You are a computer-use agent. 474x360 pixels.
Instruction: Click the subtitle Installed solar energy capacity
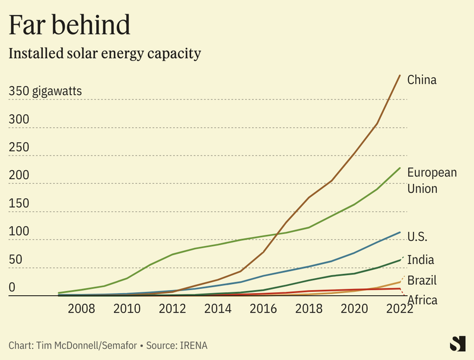105,53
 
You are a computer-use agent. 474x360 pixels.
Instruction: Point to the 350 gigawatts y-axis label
45,91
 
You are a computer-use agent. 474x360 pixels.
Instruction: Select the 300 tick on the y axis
18,119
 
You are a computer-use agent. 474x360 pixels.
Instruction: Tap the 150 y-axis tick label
18,203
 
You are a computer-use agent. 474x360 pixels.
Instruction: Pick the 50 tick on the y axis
15,259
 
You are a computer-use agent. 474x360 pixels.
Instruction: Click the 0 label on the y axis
12,287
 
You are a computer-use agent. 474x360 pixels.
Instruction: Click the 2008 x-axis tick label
81,309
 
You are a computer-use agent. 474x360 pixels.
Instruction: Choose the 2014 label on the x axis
218,309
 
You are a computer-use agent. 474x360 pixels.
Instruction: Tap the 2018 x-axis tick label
308,309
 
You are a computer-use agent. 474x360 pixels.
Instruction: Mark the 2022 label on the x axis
399,309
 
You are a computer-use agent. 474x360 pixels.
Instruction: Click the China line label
422,80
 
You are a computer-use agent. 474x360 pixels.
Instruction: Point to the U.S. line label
418,237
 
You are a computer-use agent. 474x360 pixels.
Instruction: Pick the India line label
421,260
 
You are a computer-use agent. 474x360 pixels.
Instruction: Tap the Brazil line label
422,281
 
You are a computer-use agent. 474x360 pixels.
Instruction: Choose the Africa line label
422,300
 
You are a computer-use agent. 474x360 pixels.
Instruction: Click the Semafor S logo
456,345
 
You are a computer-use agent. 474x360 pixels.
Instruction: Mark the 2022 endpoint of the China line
400,75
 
